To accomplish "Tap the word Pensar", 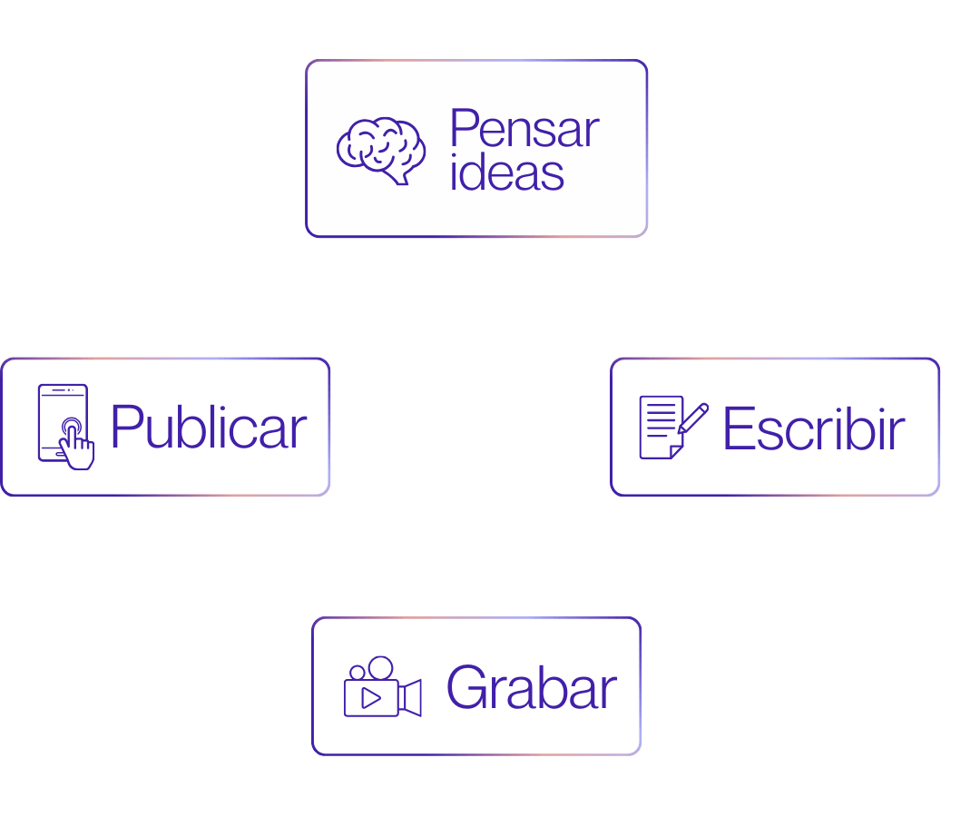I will pyautogui.click(x=524, y=129).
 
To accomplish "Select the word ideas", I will pyautogui.click(x=507, y=172).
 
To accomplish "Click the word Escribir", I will pyautogui.click(x=813, y=428).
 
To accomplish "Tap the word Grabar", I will pyautogui.click(x=531, y=688).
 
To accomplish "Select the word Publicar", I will pyautogui.click(x=209, y=428).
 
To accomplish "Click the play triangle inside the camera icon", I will pyautogui.click(x=370, y=698).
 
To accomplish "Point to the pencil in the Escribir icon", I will pyautogui.click(x=693, y=418).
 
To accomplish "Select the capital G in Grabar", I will pyautogui.click(x=466, y=688).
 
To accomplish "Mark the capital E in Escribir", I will pyautogui.click(x=739, y=428).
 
